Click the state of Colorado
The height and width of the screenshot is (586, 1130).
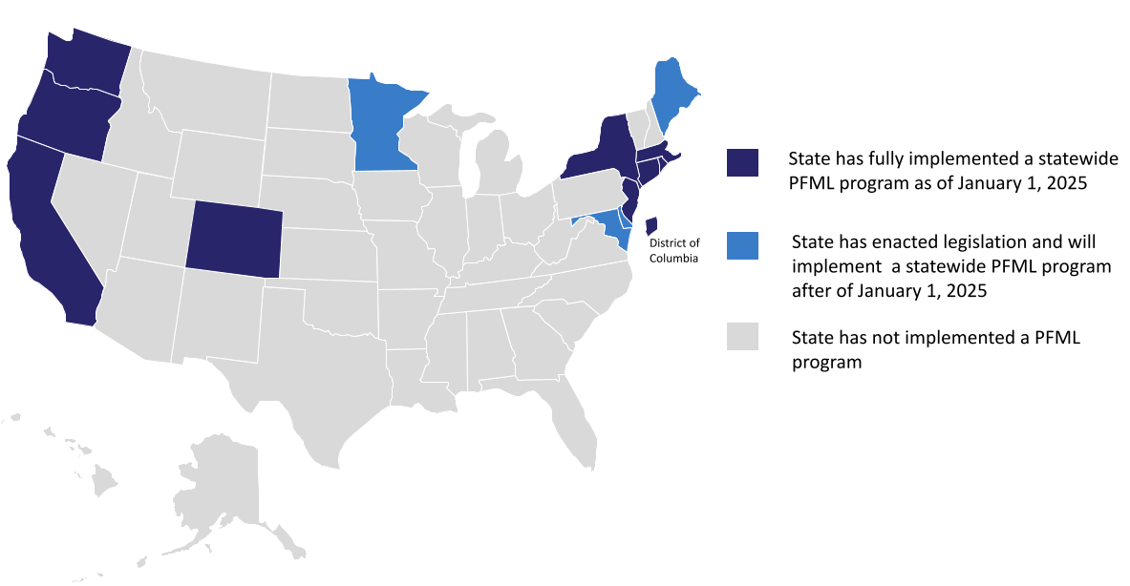[x=234, y=239]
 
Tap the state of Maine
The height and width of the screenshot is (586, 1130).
[x=672, y=95]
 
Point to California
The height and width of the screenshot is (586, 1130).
[x=48, y=229]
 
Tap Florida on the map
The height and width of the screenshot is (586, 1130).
[x=573, y=420]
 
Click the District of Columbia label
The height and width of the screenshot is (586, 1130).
[x=674, y=250]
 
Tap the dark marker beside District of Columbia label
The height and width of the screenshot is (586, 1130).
[x=650, y=224]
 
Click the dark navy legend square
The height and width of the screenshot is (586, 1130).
[x=742, y=163]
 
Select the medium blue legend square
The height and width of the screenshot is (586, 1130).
[x=742, y=244]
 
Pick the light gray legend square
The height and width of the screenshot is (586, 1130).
[x=742, y=337]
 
